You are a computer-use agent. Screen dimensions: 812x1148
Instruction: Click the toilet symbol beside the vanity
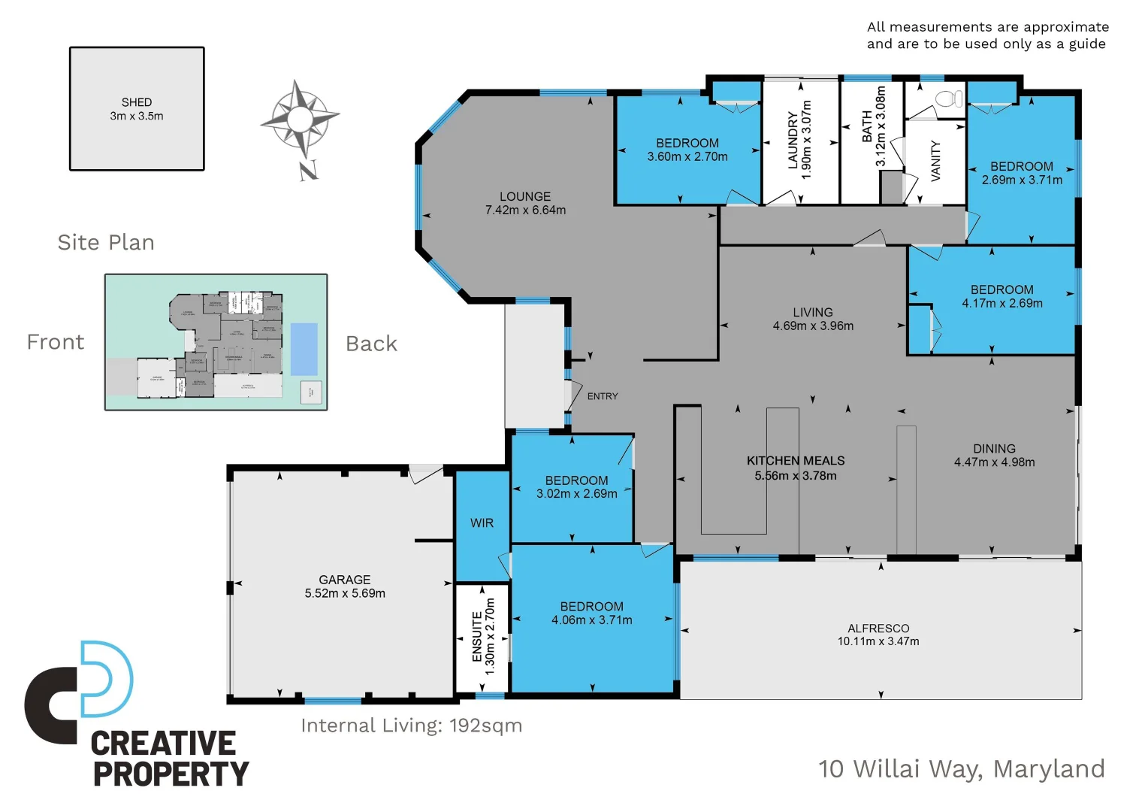pos(948,98)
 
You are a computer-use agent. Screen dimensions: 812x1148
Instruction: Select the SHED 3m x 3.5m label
pos(137,109)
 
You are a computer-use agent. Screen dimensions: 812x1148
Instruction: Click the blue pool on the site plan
pos(304,349)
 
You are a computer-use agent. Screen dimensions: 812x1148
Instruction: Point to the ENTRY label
pos(603,396)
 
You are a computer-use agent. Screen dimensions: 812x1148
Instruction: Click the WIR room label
pos(482,523)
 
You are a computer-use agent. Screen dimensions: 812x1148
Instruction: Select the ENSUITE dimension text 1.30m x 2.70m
pos(490,636)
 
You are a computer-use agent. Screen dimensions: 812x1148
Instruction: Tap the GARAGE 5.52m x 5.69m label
pos(345,586)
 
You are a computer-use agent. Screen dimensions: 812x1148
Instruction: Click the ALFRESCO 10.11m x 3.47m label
pos(878,635)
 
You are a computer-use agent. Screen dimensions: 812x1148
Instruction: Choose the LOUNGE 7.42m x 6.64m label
pos(525,203)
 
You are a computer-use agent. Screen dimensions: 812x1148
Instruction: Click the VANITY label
pos(936,160)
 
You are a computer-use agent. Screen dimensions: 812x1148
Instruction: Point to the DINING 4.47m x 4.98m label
pos(994,455)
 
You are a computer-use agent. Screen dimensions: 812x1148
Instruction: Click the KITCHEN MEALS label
pos(796,461)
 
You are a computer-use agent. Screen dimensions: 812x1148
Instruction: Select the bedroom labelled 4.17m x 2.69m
pos(1001,296)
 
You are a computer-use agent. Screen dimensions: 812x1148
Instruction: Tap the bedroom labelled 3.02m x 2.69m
pos(576,487)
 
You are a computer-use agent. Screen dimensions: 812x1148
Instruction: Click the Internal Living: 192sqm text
pos(411,726)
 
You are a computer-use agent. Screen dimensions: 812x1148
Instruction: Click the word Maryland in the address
pos(1049,769)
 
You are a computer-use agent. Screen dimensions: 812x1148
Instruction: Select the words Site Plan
pos(106,242)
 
